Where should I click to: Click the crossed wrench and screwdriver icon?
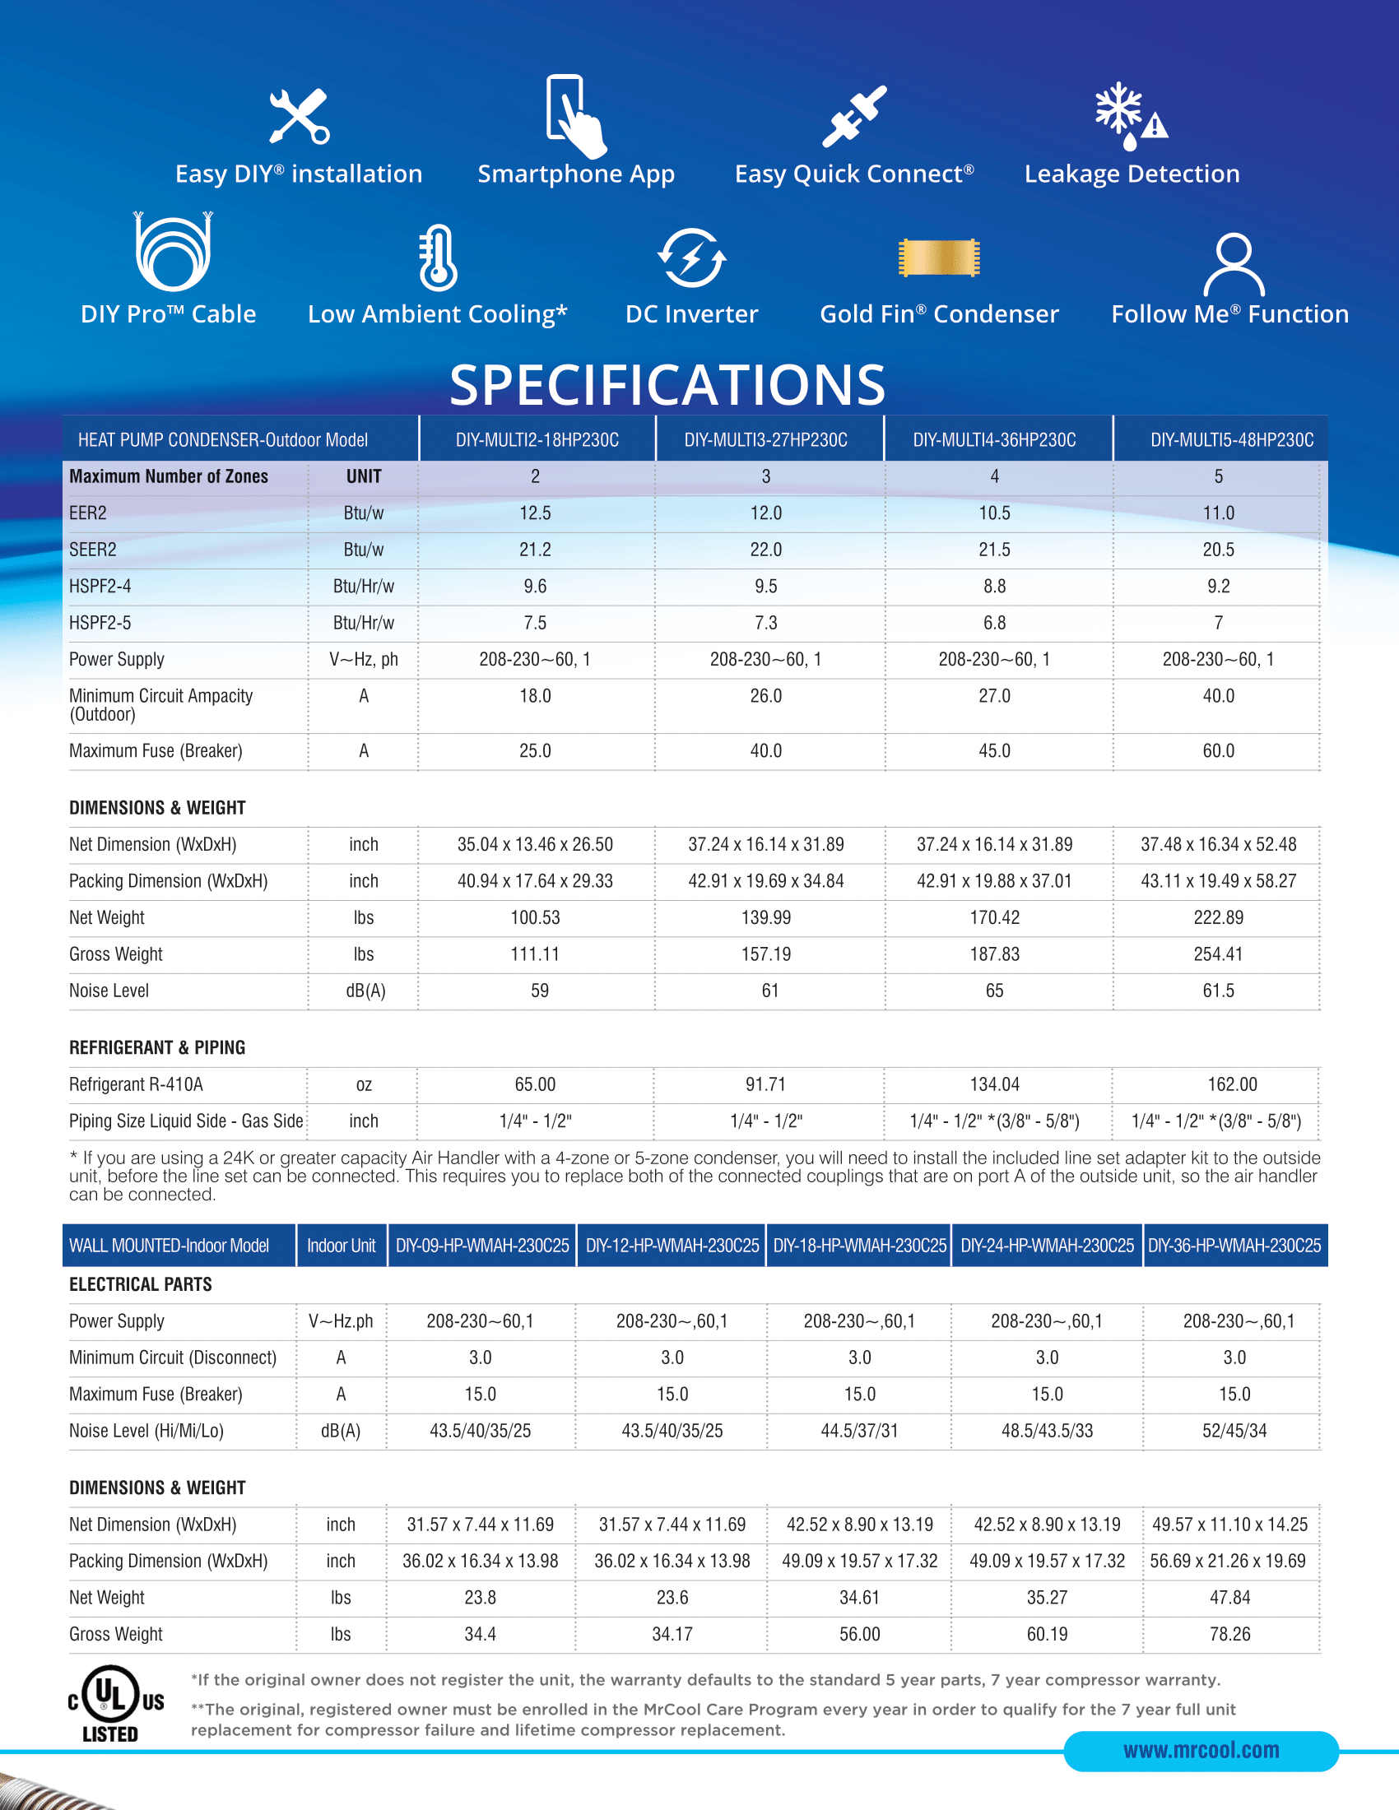[x=300, y=117]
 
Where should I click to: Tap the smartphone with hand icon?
[x=575, y=116]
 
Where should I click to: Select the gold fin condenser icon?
[x=939, y=258]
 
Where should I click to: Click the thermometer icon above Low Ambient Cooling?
[x=438, y=258]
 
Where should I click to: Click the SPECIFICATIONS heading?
[x=667, y=385]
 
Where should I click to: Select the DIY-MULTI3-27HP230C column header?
[x=766, y=440]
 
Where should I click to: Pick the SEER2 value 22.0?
[x=766, y=550]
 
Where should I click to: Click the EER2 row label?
[x=88, y=513]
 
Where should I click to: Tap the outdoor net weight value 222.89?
[x=1218, y=917]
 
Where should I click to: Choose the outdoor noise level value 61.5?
[x=1218, y=991]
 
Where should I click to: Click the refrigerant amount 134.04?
[x=995, y=1084]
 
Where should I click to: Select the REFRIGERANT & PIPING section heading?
[x=157, y=1047]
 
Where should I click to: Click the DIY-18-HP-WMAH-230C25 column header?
[x=859, y=1246]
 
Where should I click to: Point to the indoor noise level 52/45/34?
[x=1234, y=1431]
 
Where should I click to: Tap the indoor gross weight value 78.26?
[x=1230, y=1633]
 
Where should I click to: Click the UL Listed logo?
[x=115, y=1703]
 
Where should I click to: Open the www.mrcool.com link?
[x=1201, y=1750]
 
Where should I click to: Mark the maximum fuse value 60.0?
[x=1218, y=751]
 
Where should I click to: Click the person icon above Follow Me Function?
[x=1234, y=264]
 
